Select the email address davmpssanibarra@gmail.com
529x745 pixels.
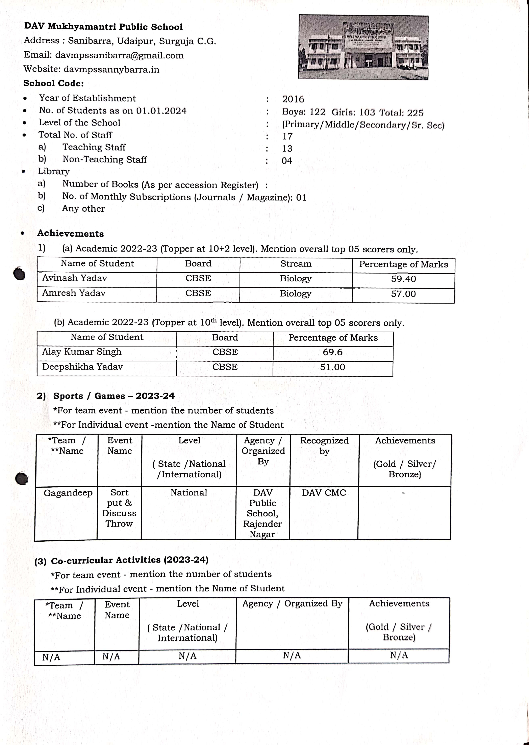[119, 55]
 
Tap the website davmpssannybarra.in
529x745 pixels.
[111, 69]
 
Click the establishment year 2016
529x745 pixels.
[293, 99]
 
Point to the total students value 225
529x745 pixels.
[415, 113]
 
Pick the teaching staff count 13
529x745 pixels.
[287, 149]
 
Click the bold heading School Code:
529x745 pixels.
[53, 83]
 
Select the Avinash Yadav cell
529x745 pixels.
[75, 278]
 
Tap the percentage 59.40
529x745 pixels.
[403, 279]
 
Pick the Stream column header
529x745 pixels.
[295, 264]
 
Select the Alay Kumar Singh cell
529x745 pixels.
[82, 352]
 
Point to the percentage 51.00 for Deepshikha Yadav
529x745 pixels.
[332, 367]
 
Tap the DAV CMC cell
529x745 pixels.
[324, 493]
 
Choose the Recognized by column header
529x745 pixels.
[324, 446]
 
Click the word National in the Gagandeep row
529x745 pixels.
[189, 493]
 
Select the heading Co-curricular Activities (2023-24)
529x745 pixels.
[130, 560]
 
